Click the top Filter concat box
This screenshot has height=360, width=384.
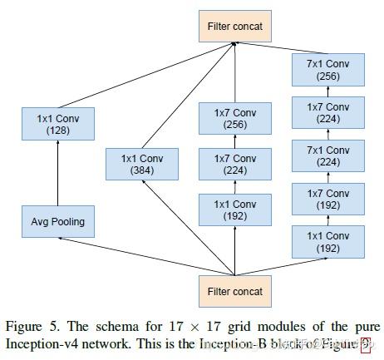pyautogui.click(x=235, y=26)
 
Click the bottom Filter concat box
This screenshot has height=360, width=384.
pyautogui.click(x=235, y=291)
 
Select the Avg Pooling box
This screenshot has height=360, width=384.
pyautogui.click(x=57, y=222)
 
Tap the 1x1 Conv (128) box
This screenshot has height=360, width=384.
pyautogui.click(x=57, y=125)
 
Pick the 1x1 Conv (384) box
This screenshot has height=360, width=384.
pyautogui.click(x=143, y=163)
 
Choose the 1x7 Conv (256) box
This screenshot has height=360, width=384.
pyautogui.click(x=235, y=118)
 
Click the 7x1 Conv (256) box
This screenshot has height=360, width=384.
pyautogui.click(x=327, y=69)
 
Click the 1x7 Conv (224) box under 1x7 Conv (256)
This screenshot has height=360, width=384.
pyautogui.click(x=235, y=163)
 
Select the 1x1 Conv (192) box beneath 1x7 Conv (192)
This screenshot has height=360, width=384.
pyautogui.click(x=327, y=241)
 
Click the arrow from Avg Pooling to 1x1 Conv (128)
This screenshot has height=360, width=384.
pyautogui.click(x=57, y=174)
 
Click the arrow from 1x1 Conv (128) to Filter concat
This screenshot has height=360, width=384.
pyautogui.click(x=133, y=78)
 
